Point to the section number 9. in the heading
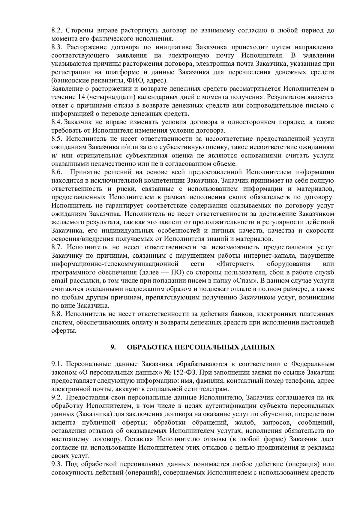pyautogui.click(x=113, y=347)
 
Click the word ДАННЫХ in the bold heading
pyautogui.click(x=259, y=347)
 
